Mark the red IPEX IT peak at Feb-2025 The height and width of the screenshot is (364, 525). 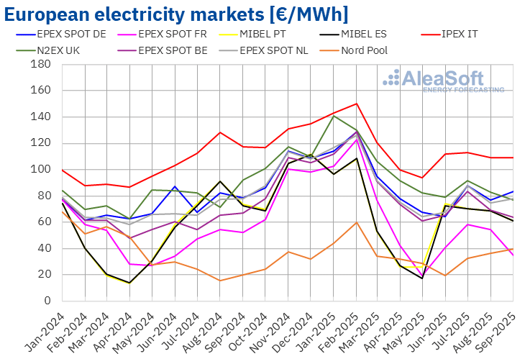pyautogui.click(x=357, y=104)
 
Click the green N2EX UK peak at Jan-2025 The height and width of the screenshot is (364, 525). pyautogui.click(x=334, y=115)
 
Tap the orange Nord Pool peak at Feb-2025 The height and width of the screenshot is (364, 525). pyautogui.click(x=357, y=222)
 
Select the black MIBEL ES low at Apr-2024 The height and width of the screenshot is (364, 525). pyautogui.click(x=129, y=283)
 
